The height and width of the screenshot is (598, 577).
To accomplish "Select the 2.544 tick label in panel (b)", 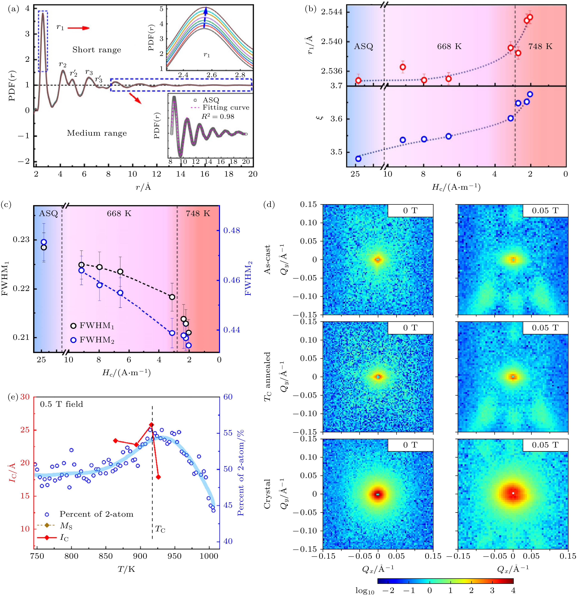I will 332,12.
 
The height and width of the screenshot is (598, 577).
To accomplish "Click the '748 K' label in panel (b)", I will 540,47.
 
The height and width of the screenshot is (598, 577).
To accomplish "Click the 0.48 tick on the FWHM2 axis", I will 232,230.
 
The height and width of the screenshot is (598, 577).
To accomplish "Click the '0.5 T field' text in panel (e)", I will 61,404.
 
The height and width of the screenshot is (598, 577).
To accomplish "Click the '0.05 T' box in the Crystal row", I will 545,445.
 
